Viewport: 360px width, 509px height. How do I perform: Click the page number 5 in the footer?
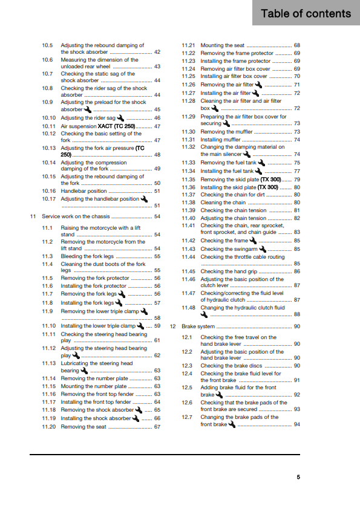pyautogui.click(x=298, y=477)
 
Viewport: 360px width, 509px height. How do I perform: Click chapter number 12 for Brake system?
pyautogui.click(x=172, y=326)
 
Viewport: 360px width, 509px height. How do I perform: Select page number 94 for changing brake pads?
pyautogui.click(x=297, y=424)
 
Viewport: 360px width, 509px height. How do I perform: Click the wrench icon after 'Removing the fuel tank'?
pyautogui.click(x=261, y=163)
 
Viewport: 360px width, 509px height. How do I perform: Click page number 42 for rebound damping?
pyautogui.click(x=157, y=53)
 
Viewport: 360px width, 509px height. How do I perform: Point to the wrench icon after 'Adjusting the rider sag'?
pyautogui.click(x=120, y=118)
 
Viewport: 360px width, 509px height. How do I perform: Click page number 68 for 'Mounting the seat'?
pyautogui.click(x=297, y=45)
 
